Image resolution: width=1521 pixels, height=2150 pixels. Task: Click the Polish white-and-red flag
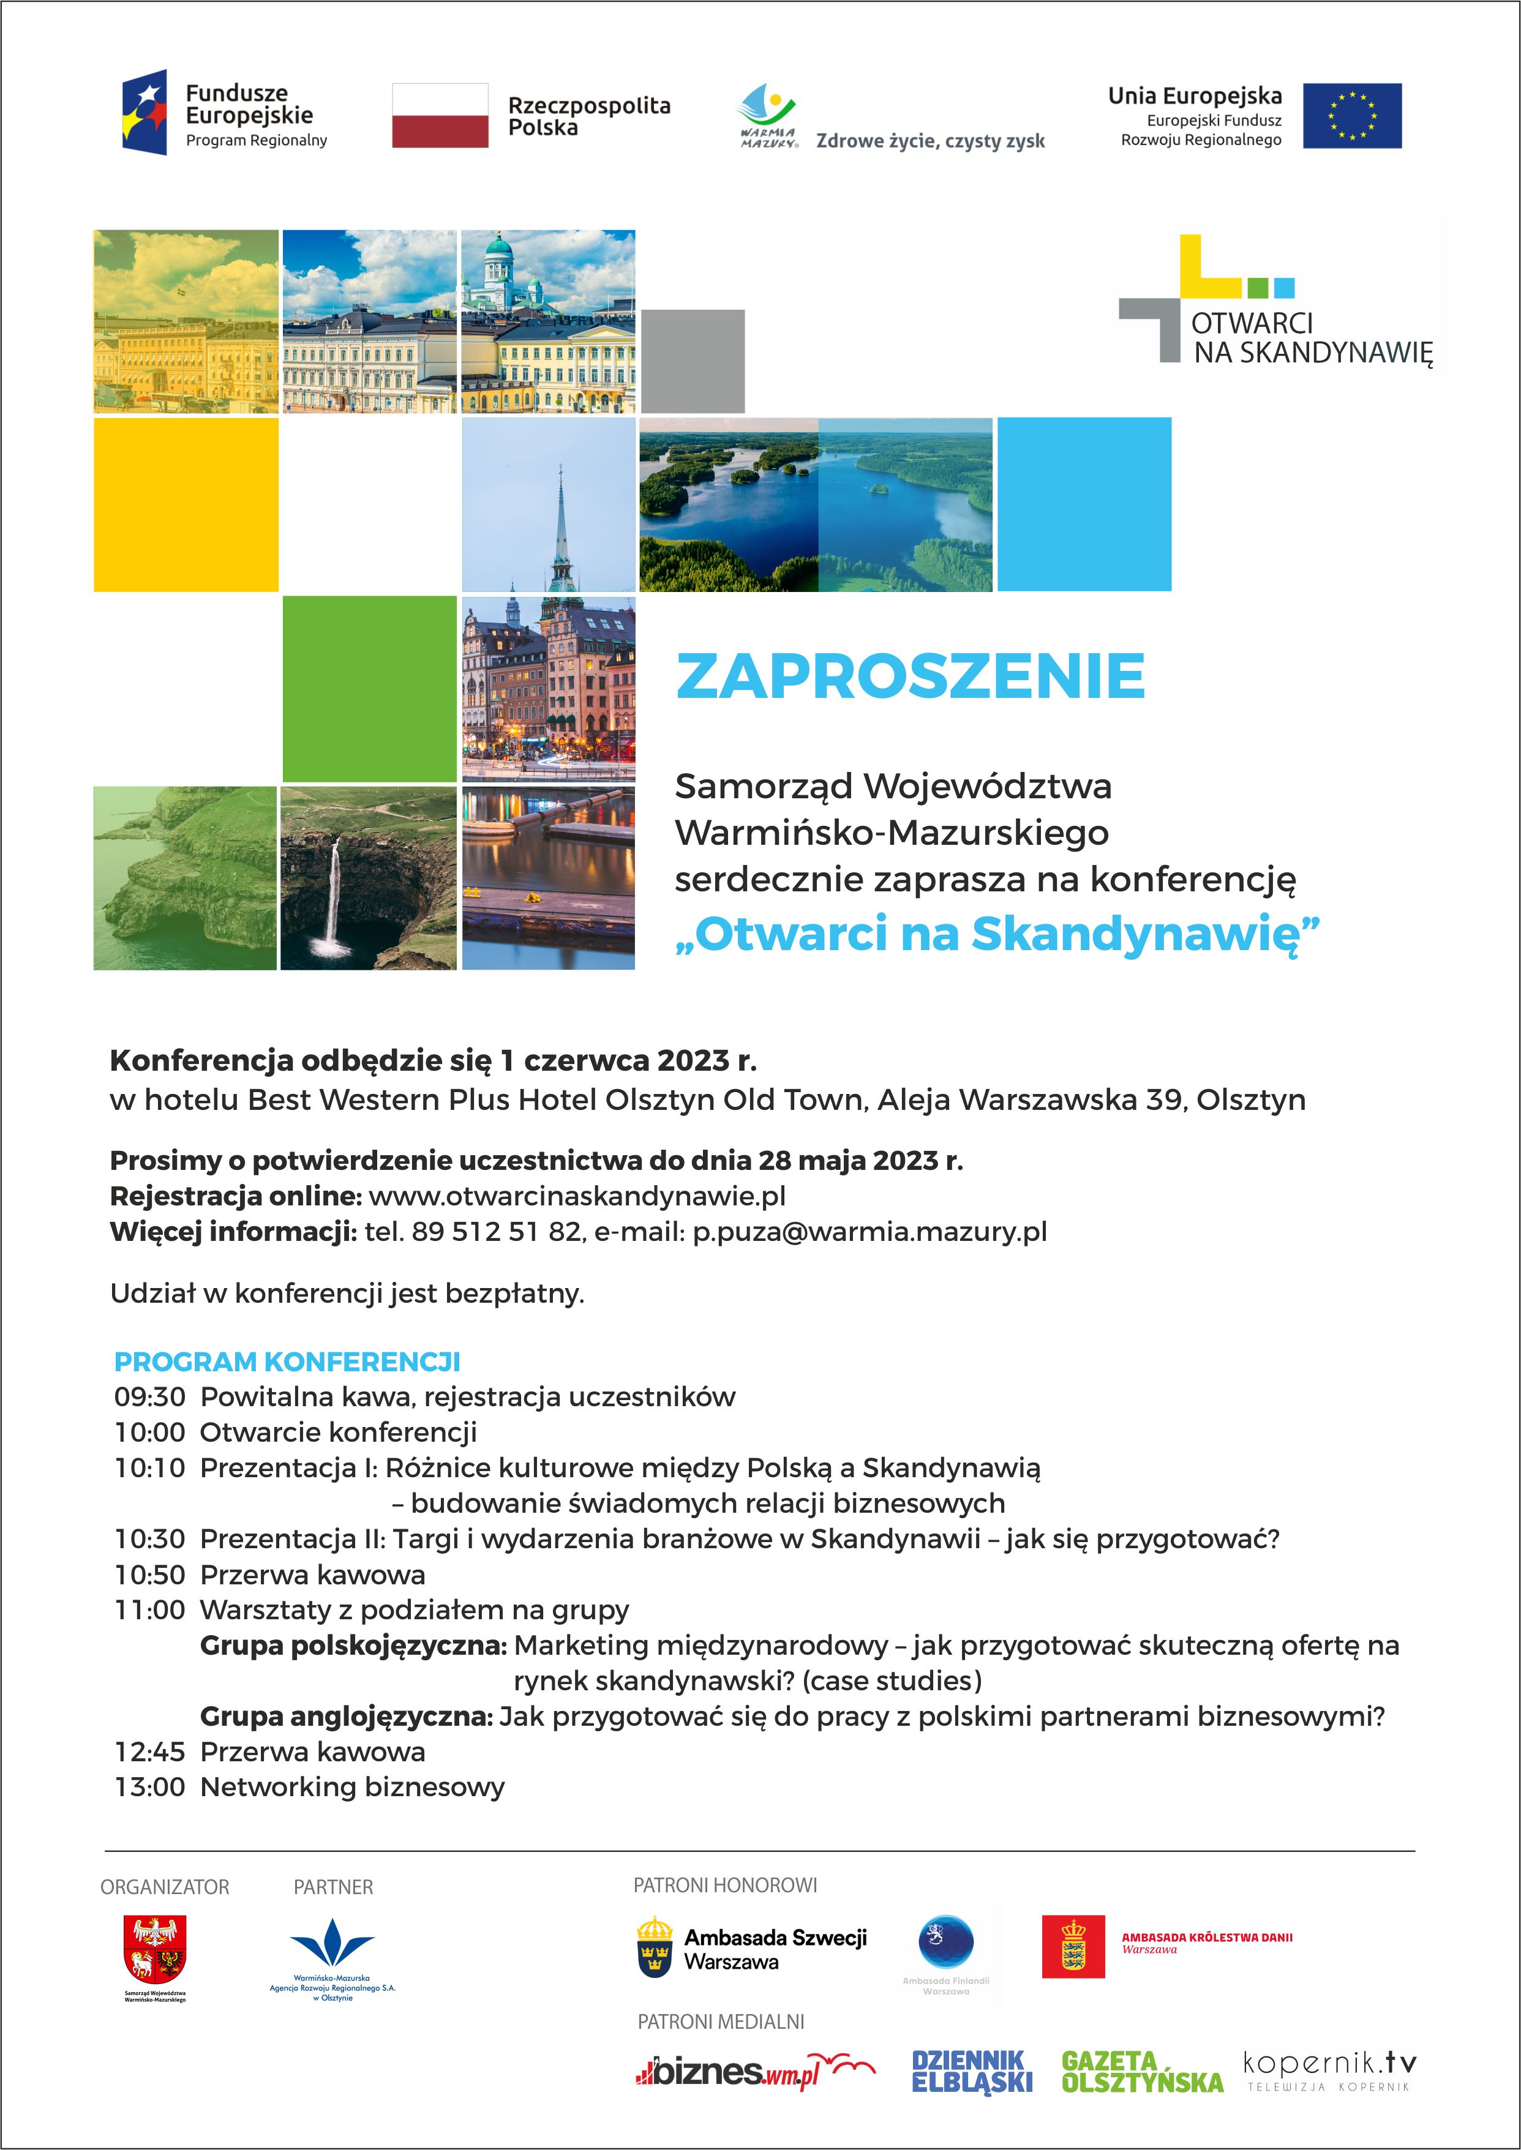point(439,115)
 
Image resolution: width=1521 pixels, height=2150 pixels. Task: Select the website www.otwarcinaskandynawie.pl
point(577,1196)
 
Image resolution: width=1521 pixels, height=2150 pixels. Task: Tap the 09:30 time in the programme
point(150,1396)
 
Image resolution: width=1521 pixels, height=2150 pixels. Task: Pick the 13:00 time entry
point(150,1787)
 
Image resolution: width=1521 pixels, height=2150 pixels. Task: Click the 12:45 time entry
point(150,1751)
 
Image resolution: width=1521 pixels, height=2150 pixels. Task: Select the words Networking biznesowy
point(352,1787)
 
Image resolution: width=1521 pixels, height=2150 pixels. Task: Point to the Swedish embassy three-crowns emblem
point(655,1947)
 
